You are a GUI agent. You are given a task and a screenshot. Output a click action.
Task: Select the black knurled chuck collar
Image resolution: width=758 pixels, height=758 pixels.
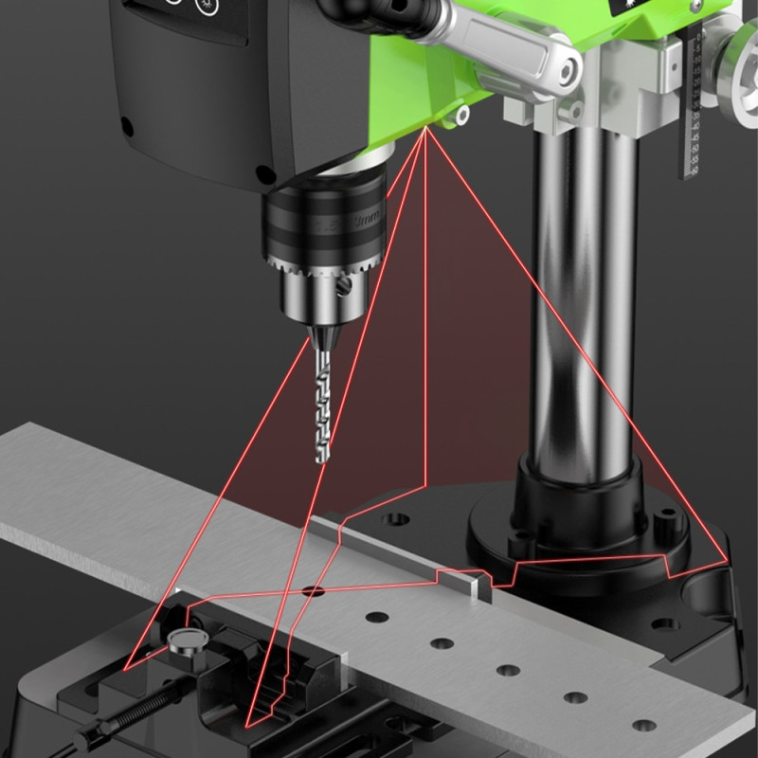[322, 227]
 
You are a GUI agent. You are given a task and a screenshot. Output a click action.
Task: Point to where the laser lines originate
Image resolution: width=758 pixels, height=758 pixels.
[426, 128]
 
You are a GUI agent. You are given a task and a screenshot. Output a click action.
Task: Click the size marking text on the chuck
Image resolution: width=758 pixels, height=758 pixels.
[365, 221]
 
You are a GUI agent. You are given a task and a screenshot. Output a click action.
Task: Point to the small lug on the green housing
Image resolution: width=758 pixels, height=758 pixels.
[461, 115]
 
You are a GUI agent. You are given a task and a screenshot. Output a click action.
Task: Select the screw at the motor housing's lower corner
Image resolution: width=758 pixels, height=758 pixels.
[264, 174]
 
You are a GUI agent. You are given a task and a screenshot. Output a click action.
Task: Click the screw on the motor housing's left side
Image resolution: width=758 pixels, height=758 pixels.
[127, 127]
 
